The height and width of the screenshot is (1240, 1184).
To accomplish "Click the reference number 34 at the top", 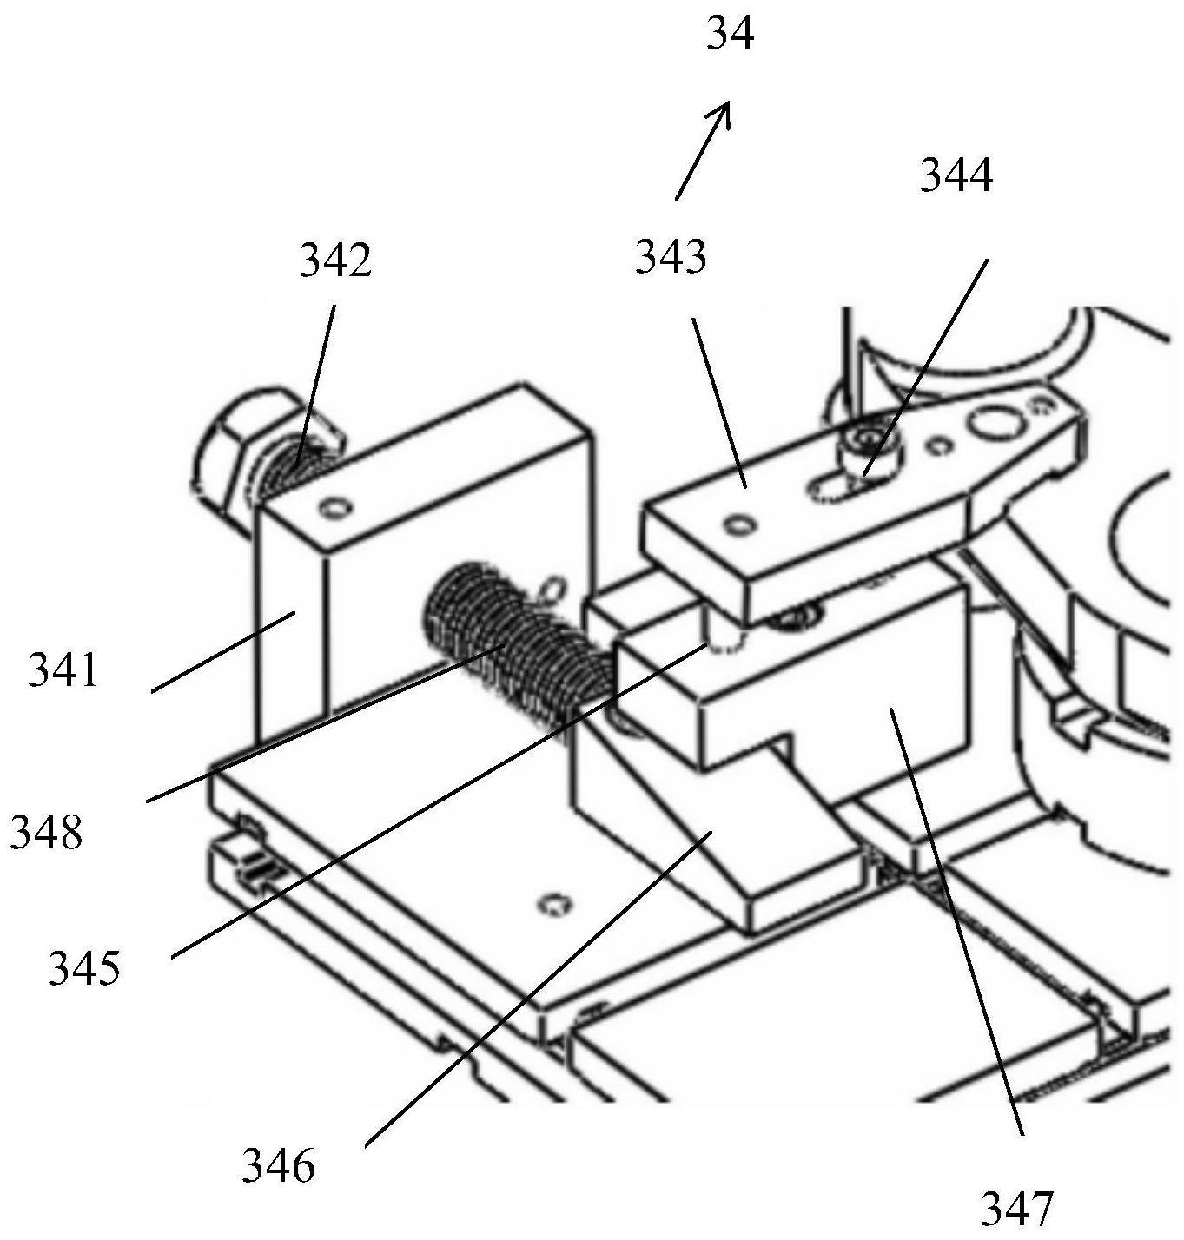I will [730, 36].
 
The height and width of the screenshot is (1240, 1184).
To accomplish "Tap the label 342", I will [335, 260].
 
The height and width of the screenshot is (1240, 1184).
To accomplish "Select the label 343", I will [671, 257].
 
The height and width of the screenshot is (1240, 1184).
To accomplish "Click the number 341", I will [63, 671].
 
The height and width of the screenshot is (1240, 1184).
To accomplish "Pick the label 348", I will [46, 833].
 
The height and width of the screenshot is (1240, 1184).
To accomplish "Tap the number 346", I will [278, 1165].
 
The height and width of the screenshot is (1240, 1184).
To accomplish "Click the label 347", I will [1017, 1207].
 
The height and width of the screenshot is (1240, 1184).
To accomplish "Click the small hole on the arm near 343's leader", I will [739, 524].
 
